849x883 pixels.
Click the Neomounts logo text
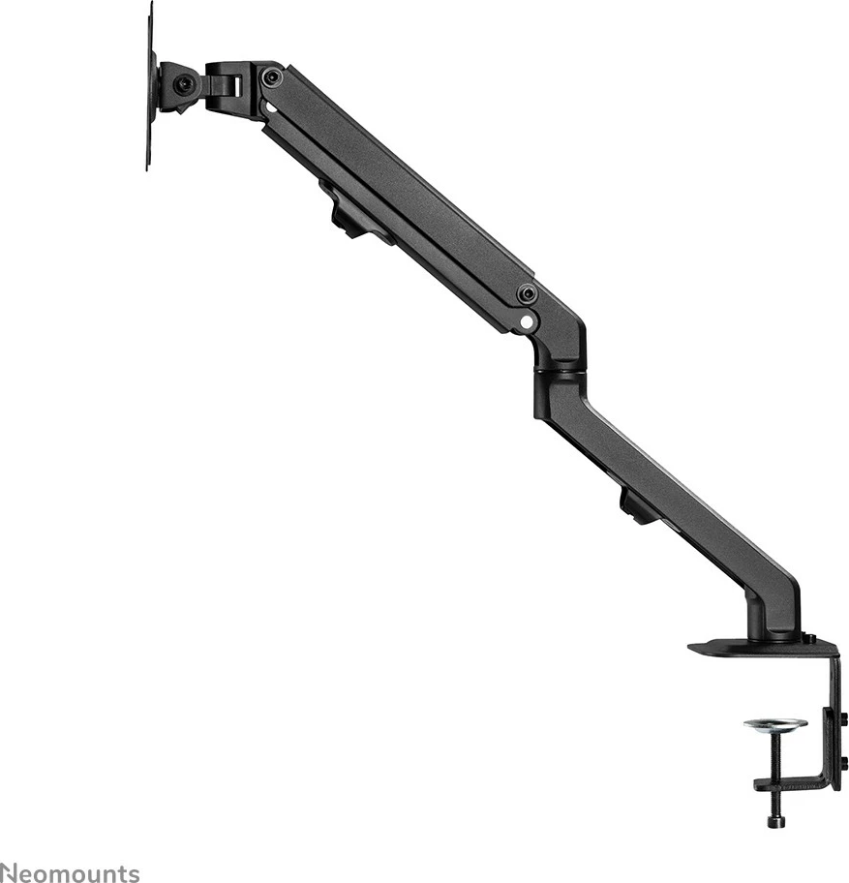click(70, 871)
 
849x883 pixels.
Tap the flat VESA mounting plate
click(151, 87)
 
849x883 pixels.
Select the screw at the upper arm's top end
click(274, 76)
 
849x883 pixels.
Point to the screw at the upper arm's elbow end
click(527, 292)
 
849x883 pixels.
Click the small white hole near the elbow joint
click(525, 320)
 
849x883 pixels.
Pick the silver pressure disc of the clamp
click(775, 724)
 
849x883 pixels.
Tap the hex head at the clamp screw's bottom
click(775, 821)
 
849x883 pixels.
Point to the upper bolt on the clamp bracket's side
click(843, 718)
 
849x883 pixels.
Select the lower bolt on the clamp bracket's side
click(843, 760)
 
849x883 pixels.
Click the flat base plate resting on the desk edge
click(736, 646)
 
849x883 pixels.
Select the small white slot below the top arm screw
click(272, 109)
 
